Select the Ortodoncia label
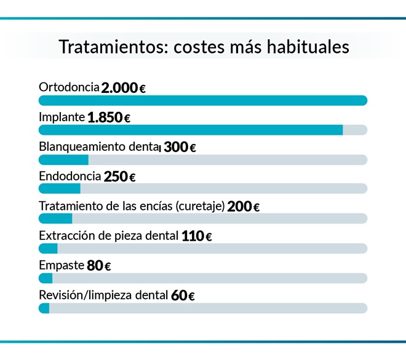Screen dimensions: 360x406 [x=69, y=87]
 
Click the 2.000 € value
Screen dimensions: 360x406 [x=123, y=88]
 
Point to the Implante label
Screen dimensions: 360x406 [x=62, y=117]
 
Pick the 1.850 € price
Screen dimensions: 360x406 [x=109, y=118]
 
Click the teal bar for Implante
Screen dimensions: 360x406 [x=191, y=130]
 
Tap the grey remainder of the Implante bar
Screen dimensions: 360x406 [x=355, y=130]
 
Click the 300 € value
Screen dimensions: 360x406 [x=180, y=148]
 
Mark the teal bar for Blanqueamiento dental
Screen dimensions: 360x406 [x=63, y=159]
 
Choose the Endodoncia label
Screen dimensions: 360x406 [x=70, y=176]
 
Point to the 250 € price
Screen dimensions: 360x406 [x=119, y=177]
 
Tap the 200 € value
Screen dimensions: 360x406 [x=243, y=207]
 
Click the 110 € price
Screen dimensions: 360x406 [x=197, y=236]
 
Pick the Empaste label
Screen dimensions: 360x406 [x=61, y=265]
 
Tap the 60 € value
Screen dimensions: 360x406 [x=183, y=295]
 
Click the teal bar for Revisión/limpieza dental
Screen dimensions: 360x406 [x=44, y=308]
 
